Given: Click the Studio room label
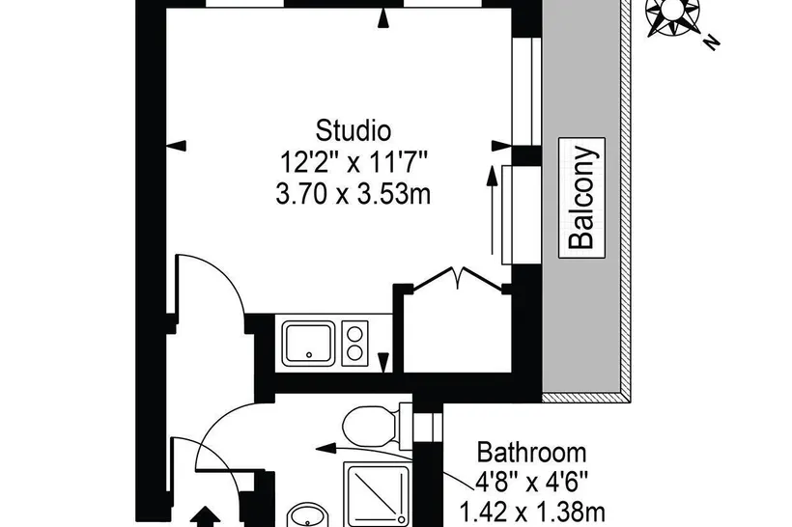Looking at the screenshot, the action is pos(354,130).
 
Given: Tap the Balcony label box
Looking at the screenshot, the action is pos(581,197).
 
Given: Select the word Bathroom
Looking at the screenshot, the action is pos(532,453).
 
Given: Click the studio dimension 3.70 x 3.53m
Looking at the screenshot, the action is pos(354,194).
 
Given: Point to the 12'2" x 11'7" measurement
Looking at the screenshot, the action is pos(354,162).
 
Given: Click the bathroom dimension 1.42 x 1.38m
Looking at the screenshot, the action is pos(532,512).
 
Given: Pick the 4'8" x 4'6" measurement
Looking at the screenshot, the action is pos(532,483).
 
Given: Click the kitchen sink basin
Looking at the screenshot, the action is pos(308,343).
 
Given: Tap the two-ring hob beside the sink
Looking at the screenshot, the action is pos(355,344).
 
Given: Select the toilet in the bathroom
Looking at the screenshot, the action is pos(377,425).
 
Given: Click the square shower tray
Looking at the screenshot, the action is pos(378,494).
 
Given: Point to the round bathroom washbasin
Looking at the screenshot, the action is pos(307,515).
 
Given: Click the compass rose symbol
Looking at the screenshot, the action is pos(673,15).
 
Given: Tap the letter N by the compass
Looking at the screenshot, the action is pos(712,43).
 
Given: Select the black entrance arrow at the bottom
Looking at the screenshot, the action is pos(205,517).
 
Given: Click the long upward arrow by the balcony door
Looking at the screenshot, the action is pos(491,210).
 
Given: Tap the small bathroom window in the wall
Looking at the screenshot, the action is pos(428,427).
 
